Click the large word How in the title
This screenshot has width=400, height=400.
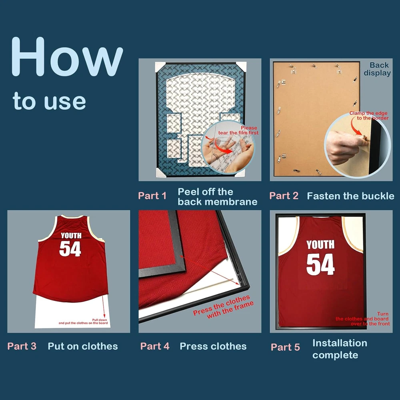click(67, 57)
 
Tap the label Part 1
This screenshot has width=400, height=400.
click(152, 196)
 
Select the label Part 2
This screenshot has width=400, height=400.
click(284, 196)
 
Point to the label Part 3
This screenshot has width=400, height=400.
click(22, 346)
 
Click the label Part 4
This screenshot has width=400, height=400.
click(155, 346)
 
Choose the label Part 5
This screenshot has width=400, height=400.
click(285, 347)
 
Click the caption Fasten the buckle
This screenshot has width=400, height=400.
click(350, 196)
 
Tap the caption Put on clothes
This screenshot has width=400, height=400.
click(83, 346)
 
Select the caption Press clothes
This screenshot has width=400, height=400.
click(213, 346)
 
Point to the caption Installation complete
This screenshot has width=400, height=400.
click(340, 349)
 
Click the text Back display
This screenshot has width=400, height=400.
click(377, 69)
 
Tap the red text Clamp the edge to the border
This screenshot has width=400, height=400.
click(369, 115)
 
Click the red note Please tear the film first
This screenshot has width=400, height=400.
click(238, 130)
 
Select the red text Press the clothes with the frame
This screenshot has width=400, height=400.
click(224, 307)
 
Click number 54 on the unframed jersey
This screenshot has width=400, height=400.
click(70, 248)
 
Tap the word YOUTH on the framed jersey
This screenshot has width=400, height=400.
click(320, 244)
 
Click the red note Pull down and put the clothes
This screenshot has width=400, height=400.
click(83, 322)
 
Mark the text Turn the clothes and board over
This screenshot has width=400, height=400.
click(363, 319)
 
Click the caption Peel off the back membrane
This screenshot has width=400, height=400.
click(217, 197)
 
